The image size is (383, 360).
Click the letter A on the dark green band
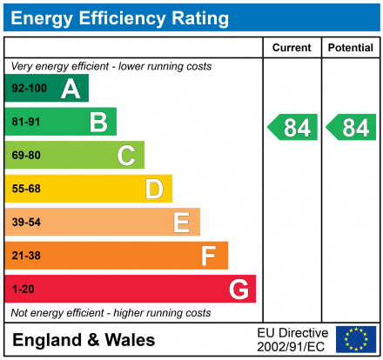(71, 89)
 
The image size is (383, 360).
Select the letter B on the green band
(98, 123)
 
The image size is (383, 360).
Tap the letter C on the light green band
(126, 157)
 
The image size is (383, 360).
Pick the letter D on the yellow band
(154, 190)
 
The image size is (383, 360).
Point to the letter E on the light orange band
(181, 223)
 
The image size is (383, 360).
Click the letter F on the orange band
(209, 257)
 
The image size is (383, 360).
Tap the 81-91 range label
(25, 123)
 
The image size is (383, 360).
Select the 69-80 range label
(25, 157)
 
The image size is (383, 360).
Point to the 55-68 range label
(25, 190)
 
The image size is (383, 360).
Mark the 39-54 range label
(25, 223)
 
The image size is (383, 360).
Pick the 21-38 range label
(25, 257)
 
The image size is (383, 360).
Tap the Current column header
(292, 48)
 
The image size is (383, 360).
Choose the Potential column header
(351, 48)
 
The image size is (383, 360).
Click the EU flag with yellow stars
(356, 339)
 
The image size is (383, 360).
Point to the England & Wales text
(84, 340)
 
